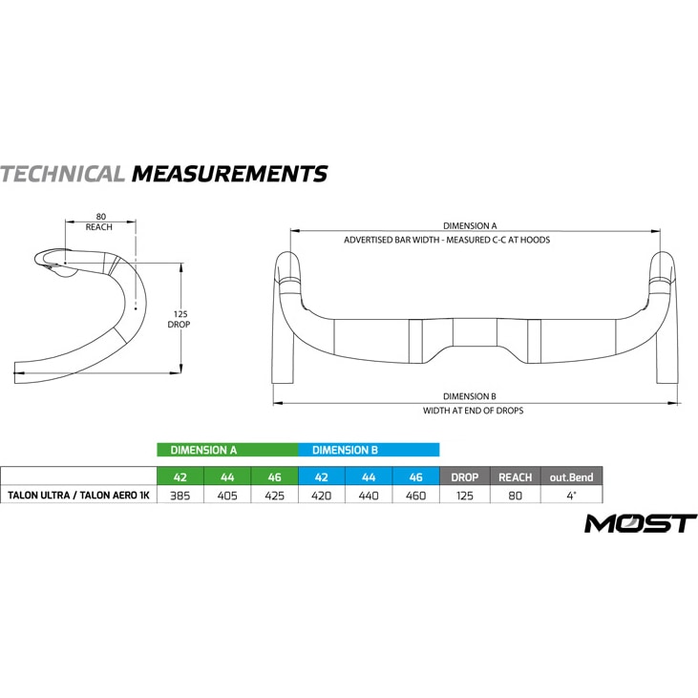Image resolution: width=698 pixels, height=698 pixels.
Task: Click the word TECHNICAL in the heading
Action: pos(62,174)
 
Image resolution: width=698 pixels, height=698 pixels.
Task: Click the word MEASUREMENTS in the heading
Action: pos(230,174)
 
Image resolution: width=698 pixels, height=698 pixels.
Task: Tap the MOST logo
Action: pos(641,523)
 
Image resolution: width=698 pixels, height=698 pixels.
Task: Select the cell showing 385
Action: pos(180,496)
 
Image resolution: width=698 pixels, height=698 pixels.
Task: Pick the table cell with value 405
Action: pos(227,496)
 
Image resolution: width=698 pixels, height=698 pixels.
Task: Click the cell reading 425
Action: pos(275,496)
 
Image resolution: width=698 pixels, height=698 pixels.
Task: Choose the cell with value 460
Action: pos(415,496)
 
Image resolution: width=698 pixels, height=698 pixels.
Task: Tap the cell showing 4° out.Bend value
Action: pos(572,496)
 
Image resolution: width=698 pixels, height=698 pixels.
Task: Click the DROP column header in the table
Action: pos(465,476)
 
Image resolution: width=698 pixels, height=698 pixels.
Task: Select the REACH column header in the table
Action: pos(516,476)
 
